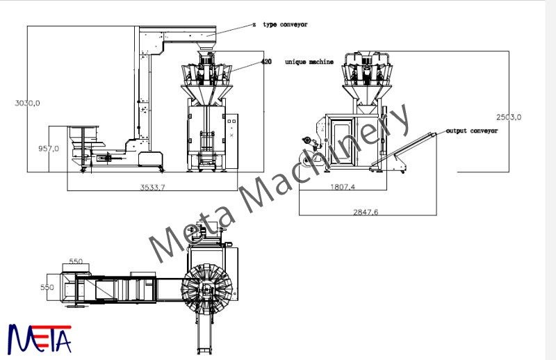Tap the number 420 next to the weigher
tap(266, 62)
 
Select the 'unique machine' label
tap(309, 62)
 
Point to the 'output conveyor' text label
tap(472, 131)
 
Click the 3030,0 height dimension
tap(28, 103)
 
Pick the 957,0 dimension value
tap(48, 148)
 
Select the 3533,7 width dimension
tap(154, 187)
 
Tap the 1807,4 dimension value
tap(341, 186)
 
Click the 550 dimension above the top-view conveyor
tap(75, 261)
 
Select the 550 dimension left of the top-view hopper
tap(47, 286)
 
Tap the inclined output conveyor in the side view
tap(407, 147)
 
